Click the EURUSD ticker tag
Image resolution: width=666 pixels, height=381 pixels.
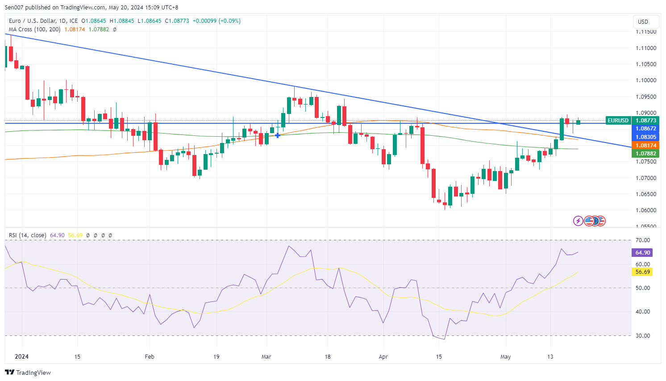(618, 121)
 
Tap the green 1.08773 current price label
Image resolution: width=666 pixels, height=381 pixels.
(646, 121)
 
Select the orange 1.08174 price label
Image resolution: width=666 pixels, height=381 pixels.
(646, 146)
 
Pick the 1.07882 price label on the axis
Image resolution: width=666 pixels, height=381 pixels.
(646, 154)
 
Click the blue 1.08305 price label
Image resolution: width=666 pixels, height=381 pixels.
(646, 137)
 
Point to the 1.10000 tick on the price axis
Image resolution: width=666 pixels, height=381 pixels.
(646, 80)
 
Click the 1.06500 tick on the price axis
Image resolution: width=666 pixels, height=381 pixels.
(646, 194)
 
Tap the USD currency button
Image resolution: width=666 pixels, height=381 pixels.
(643, 21)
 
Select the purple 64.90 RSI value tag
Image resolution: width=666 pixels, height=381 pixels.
(643, 253)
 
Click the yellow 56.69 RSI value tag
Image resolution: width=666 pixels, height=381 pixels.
(643, 272)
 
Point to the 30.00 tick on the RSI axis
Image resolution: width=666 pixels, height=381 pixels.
(643, 336)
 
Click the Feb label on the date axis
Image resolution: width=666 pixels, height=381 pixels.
(150, 357)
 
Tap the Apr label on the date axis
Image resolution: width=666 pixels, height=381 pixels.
(383, 357)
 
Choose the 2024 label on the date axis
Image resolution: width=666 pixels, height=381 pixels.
(21, 357)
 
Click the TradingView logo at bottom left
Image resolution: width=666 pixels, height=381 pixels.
(28, 373)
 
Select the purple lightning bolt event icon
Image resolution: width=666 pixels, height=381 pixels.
(578, 221)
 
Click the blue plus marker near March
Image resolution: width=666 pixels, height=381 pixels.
(278, 135)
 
